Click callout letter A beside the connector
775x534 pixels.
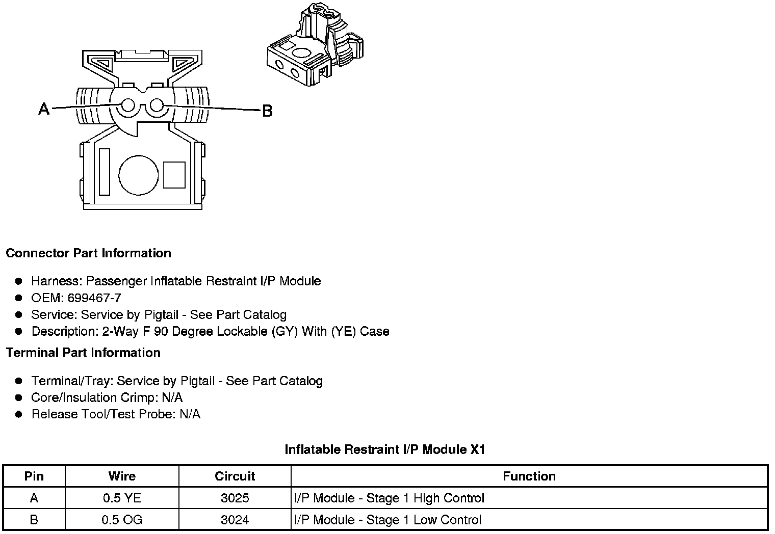pos(44,109)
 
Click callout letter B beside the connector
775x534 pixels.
pos(267,111)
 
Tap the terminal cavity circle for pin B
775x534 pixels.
pos(157,105)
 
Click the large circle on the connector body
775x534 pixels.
pos(139,175)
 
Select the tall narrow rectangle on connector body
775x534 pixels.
pos(105,172)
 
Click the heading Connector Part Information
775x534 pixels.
pos(88,253)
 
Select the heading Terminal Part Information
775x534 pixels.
pos(83,353)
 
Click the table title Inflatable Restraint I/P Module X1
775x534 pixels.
pos(384,449)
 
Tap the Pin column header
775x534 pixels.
pos(34,476)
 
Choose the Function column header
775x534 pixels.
pos(529,476)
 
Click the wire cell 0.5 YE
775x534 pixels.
pos(122,498)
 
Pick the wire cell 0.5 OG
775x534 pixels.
pos(122,520)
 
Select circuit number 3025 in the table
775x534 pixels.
pos(235,498)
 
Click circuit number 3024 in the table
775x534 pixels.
pos(235,520)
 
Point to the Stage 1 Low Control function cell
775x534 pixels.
pos(387,520)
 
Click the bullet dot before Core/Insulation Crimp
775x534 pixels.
pos(19,398)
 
